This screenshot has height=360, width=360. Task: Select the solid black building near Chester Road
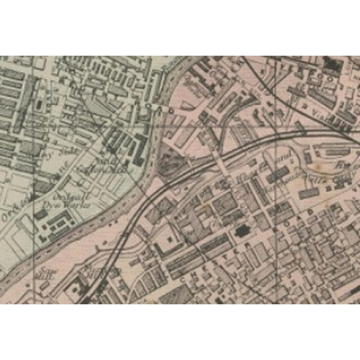[242, 231]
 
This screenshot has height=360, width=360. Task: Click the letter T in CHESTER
[231, 250]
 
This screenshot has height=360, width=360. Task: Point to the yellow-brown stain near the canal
[323, 166]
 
